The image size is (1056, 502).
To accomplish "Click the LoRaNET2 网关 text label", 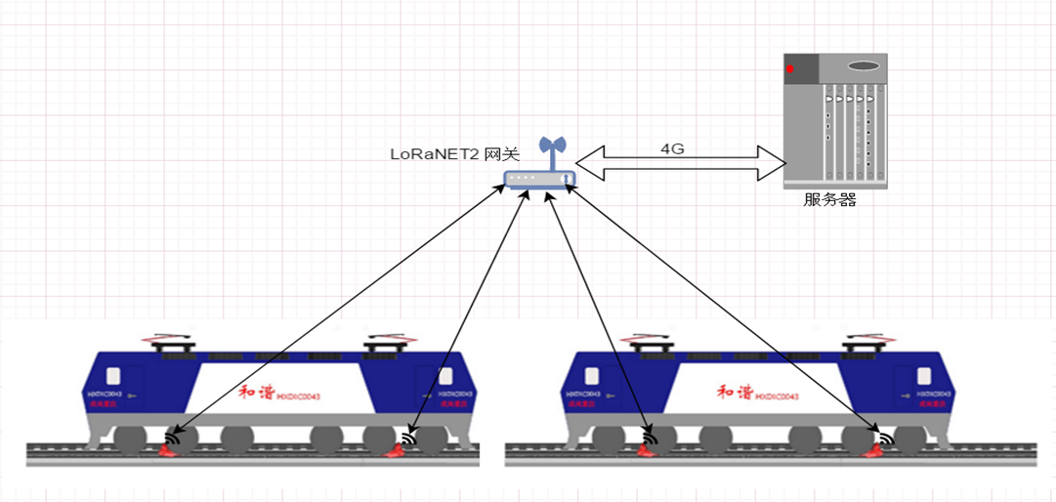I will tap(454, 154).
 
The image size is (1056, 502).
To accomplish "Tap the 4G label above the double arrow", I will tap(672, 149).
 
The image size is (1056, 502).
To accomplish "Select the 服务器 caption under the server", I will tap(829, 199).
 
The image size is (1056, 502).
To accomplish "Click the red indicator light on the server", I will tap(790, 69).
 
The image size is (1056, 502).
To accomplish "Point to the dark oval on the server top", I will tap(864, 66).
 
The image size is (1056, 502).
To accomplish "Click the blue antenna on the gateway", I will tap(553, 151).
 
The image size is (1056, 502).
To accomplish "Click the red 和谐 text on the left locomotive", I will tap(256, 393).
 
